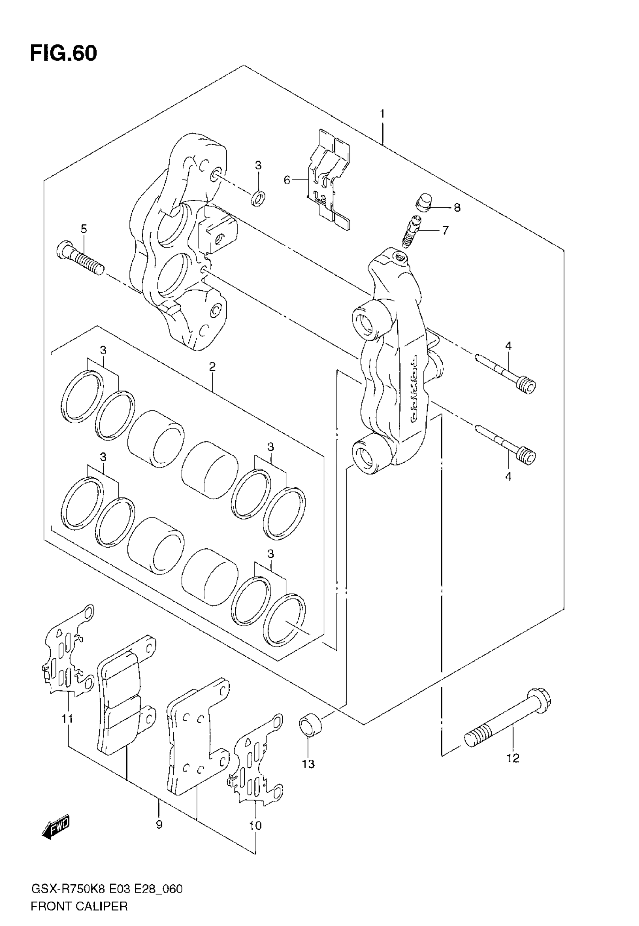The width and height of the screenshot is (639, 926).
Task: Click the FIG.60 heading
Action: (63, 54)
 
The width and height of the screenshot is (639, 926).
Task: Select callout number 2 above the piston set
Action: (212, 366)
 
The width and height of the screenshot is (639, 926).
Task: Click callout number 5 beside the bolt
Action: (83, 229)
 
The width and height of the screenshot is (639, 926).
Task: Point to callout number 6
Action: (287, 180)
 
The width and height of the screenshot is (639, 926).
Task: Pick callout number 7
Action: (445, 230)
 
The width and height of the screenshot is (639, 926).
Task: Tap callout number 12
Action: (513, 759)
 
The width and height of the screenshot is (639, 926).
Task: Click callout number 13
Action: (308, 764)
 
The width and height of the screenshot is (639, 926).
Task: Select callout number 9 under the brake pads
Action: (159, 825)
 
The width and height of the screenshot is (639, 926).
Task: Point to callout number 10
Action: (255, 826)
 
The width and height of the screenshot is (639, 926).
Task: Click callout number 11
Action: (67, 719)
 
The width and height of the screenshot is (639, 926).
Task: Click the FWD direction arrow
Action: (56, 827)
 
